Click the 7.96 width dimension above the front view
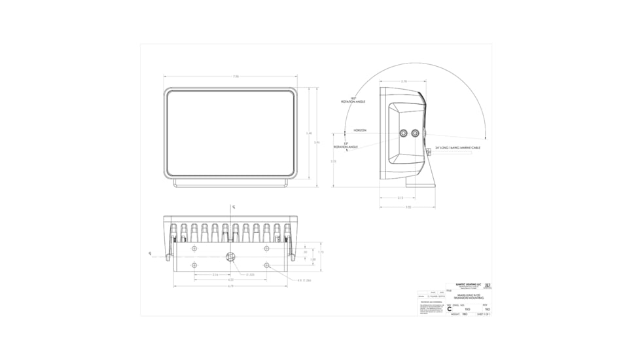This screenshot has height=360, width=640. [236, 77]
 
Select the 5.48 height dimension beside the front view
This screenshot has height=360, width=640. [309, 134]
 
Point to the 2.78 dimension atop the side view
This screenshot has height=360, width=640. [404, 81]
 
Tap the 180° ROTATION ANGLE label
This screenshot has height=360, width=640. [353, 100]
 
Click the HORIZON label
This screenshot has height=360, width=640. [360, 130]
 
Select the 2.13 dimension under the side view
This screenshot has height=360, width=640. [400, 198]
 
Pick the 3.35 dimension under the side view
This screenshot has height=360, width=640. [408, 207]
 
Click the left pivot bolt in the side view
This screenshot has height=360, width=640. [404, 134]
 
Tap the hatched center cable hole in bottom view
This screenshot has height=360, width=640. [230, 257]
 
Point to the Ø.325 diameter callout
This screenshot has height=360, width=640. [251, 275]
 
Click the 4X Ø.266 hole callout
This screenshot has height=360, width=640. [304, 280]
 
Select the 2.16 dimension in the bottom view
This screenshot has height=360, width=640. [215, 275]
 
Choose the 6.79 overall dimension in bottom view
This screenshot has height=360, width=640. [230, 286]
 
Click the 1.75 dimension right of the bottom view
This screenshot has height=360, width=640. [321, 252]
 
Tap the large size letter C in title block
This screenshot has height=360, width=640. [449, 309]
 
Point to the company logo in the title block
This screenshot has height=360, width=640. [488, 286]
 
